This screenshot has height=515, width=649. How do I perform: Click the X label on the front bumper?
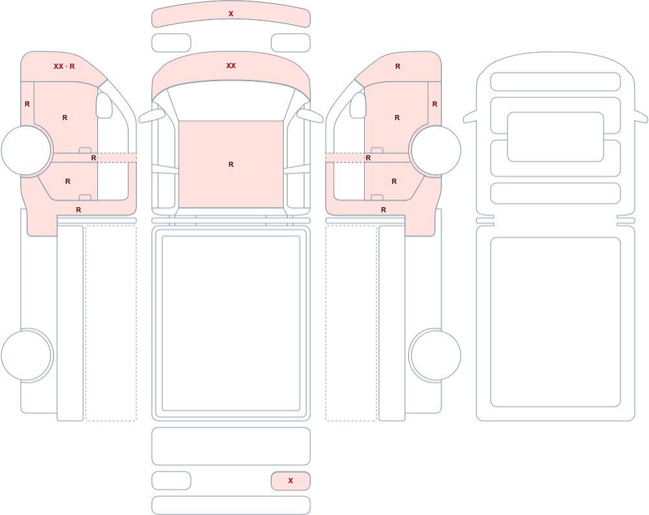(231, 14)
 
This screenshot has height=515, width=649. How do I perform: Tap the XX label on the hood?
(231, 66)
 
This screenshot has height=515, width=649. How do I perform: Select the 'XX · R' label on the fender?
(64, 66)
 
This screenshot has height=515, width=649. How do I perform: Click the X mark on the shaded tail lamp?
(291, 481)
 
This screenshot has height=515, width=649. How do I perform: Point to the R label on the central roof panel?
(231, 164)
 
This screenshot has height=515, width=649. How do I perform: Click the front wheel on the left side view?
(26, 151)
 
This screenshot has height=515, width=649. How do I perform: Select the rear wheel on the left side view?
(26, 355)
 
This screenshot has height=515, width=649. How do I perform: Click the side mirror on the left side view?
(104, 105)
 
